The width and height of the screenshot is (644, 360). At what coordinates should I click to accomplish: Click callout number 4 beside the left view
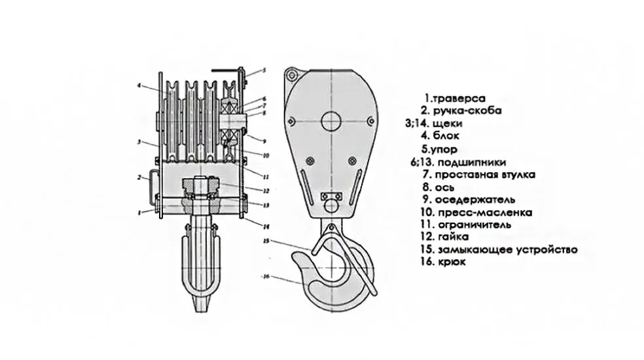[x=139, y=85]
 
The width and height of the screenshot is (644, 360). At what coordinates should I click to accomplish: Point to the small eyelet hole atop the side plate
[x=292, y=72]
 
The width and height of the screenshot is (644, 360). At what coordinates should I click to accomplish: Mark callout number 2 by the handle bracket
[x=139, y=177]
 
